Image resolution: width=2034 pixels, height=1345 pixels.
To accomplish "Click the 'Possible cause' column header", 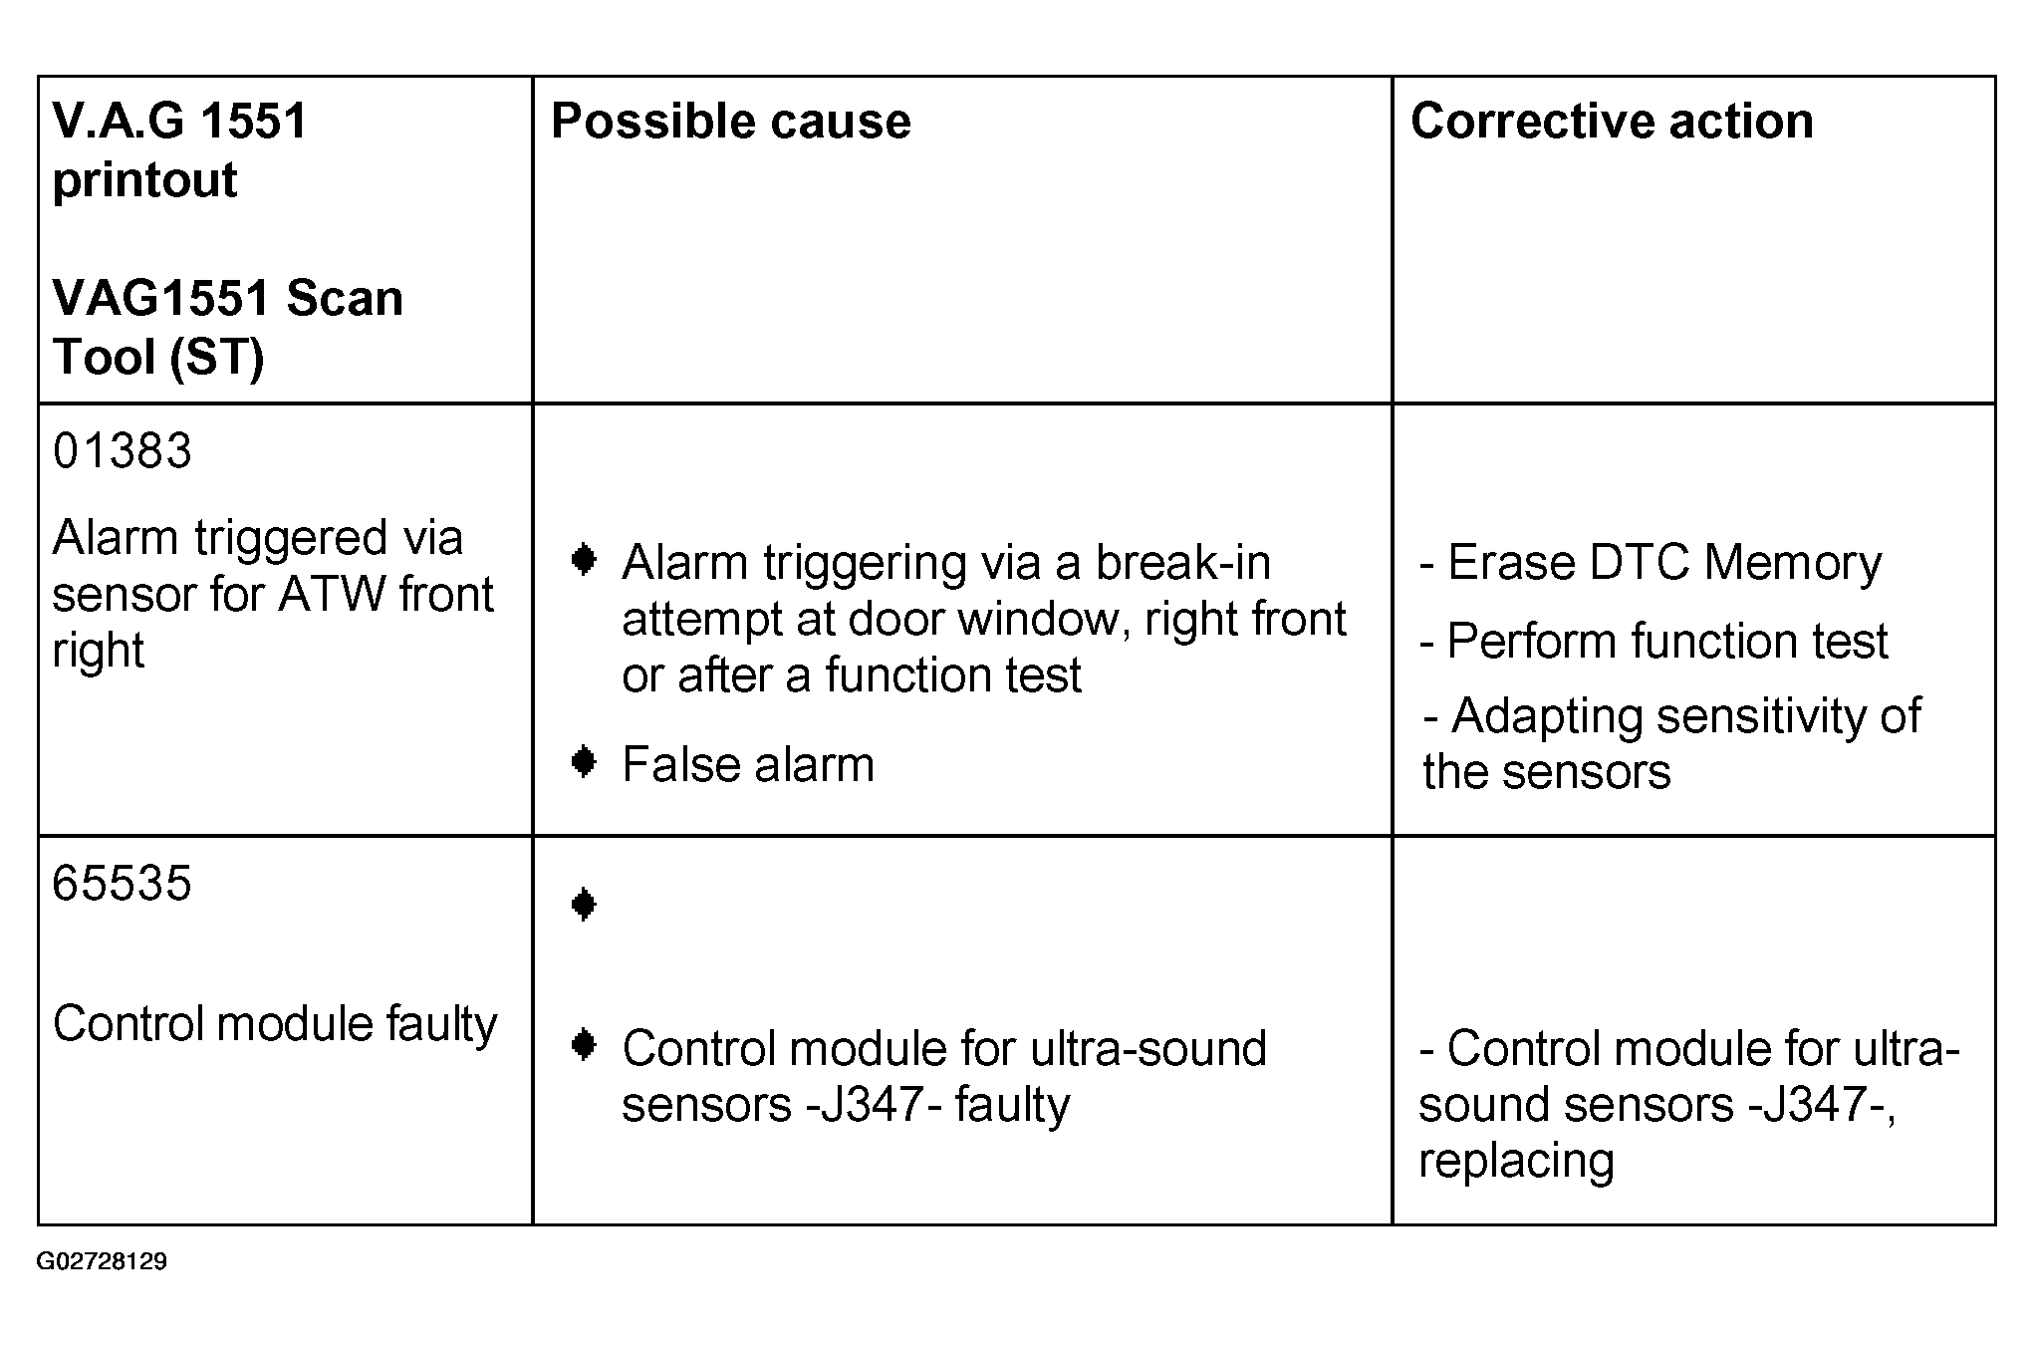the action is pyautogui.click(x=730, y=122).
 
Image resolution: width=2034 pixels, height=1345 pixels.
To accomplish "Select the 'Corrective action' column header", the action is pyautogui.click(x=1612, y=121).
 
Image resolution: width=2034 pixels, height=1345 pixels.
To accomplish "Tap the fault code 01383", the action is pyautogui.click(x=122, y=450).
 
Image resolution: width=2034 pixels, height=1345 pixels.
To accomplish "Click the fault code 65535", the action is pyautogui.click(x=122, y=883).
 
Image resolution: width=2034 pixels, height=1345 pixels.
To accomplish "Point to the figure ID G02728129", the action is pyautogui.click(x=102, y=1262).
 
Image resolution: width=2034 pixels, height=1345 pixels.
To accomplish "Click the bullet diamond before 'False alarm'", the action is pyautogui.click(x=584, y=763).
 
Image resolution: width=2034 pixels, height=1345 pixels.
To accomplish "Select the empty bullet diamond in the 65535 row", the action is pyautogui.click(x=584, y=905).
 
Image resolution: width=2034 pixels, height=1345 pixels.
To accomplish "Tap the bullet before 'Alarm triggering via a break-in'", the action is pyautogui.click(x=584, y=561).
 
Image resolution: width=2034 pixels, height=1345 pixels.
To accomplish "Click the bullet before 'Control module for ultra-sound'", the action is pyautogui.click(x=584, y=1046).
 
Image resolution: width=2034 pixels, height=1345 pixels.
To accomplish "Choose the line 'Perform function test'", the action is pyautogui.click(x=1653, y=641).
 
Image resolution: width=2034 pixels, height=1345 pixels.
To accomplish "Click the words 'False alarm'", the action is pyautogui.click(x=748, y=765).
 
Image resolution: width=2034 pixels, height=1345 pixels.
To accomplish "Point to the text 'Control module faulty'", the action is pyautogui.click(x=275, y=1024).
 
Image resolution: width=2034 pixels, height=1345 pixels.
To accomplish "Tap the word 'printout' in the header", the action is pyautogui.click(x=144, y=181).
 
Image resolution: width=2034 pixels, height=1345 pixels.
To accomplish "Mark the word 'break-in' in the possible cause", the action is pyautogui.click(x=1182, y=563).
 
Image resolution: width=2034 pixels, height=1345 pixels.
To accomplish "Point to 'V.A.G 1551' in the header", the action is pyautogui.click(x=179, y=122).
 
